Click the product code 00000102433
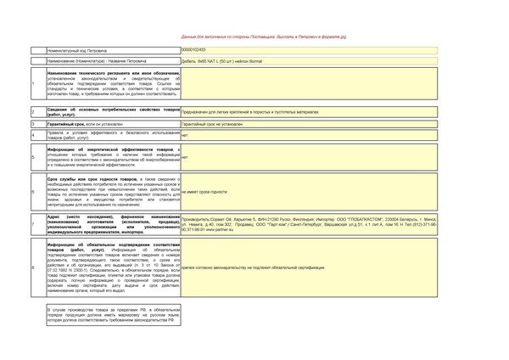pos(194,50)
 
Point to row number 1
pos(32,83)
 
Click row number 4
pos(32,135)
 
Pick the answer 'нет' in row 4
pos(185,135)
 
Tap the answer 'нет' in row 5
pos(185,157)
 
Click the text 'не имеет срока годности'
pos(205,192)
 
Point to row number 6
pos(32,192)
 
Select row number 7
pos(32,224)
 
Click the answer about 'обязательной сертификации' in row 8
pos(255,267)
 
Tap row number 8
pos(32,267)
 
